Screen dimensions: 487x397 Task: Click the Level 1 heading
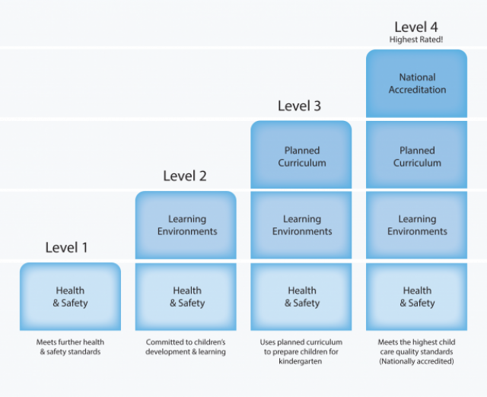pos(66,247)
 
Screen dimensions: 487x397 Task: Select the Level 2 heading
pos(185,176)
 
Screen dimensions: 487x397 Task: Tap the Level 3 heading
pos(299,106)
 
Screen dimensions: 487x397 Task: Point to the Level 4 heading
pos(416,27)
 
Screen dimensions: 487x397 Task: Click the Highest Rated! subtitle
pos(416,40)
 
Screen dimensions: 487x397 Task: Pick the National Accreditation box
pos(416,84)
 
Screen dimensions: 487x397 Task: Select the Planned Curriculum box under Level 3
pos(301,154)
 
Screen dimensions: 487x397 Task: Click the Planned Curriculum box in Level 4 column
pos(416,154)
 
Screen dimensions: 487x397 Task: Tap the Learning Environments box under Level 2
pos(186,225)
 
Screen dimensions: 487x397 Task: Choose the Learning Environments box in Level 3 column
pos(301,225)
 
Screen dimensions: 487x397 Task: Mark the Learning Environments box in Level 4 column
pos(416,225)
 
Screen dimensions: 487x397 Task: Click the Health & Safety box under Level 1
pos(70,297)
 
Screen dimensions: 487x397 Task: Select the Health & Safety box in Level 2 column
pos(186,297)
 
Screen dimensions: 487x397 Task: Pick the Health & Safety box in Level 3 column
pos(301,297)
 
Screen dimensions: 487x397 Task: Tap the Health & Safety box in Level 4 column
pos(416,297)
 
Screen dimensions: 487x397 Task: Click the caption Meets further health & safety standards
pos(70,347)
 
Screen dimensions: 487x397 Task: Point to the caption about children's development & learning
pos(186,347)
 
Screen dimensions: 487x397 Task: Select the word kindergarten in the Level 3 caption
pos(301,361)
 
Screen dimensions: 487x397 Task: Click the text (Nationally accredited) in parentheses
pos(416,361)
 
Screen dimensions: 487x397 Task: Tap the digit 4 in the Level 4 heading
pos(434,27)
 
